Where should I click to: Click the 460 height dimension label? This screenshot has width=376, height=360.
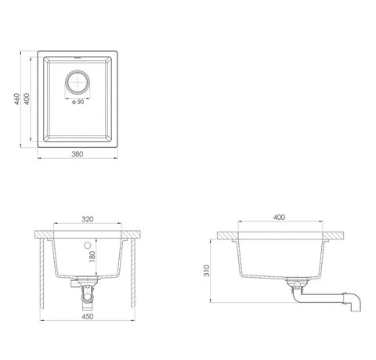pyautogui.click(x=16, y=99)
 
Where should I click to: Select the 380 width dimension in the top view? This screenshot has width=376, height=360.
pyautogui.click(x=78, y=154)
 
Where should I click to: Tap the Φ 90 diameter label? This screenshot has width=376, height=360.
pyautogui.click(x=78, y=102)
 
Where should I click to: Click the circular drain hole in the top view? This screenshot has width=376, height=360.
pyautogui.click(x=78, y=82)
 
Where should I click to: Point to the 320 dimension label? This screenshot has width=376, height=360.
pyautogui.click(x=87, y=219)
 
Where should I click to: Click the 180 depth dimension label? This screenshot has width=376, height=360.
pyautogui.click(x=92, y=257)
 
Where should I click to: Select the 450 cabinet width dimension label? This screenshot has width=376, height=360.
pyautogui.click(x=88, y=316)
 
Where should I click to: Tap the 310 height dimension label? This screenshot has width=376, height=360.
pyautogui.click(x=207, y=271)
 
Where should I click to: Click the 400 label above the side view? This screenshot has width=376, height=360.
pyautogui.click(x=279, y=218)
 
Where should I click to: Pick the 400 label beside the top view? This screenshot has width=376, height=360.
pyautogui.click(x=27, y=99)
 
